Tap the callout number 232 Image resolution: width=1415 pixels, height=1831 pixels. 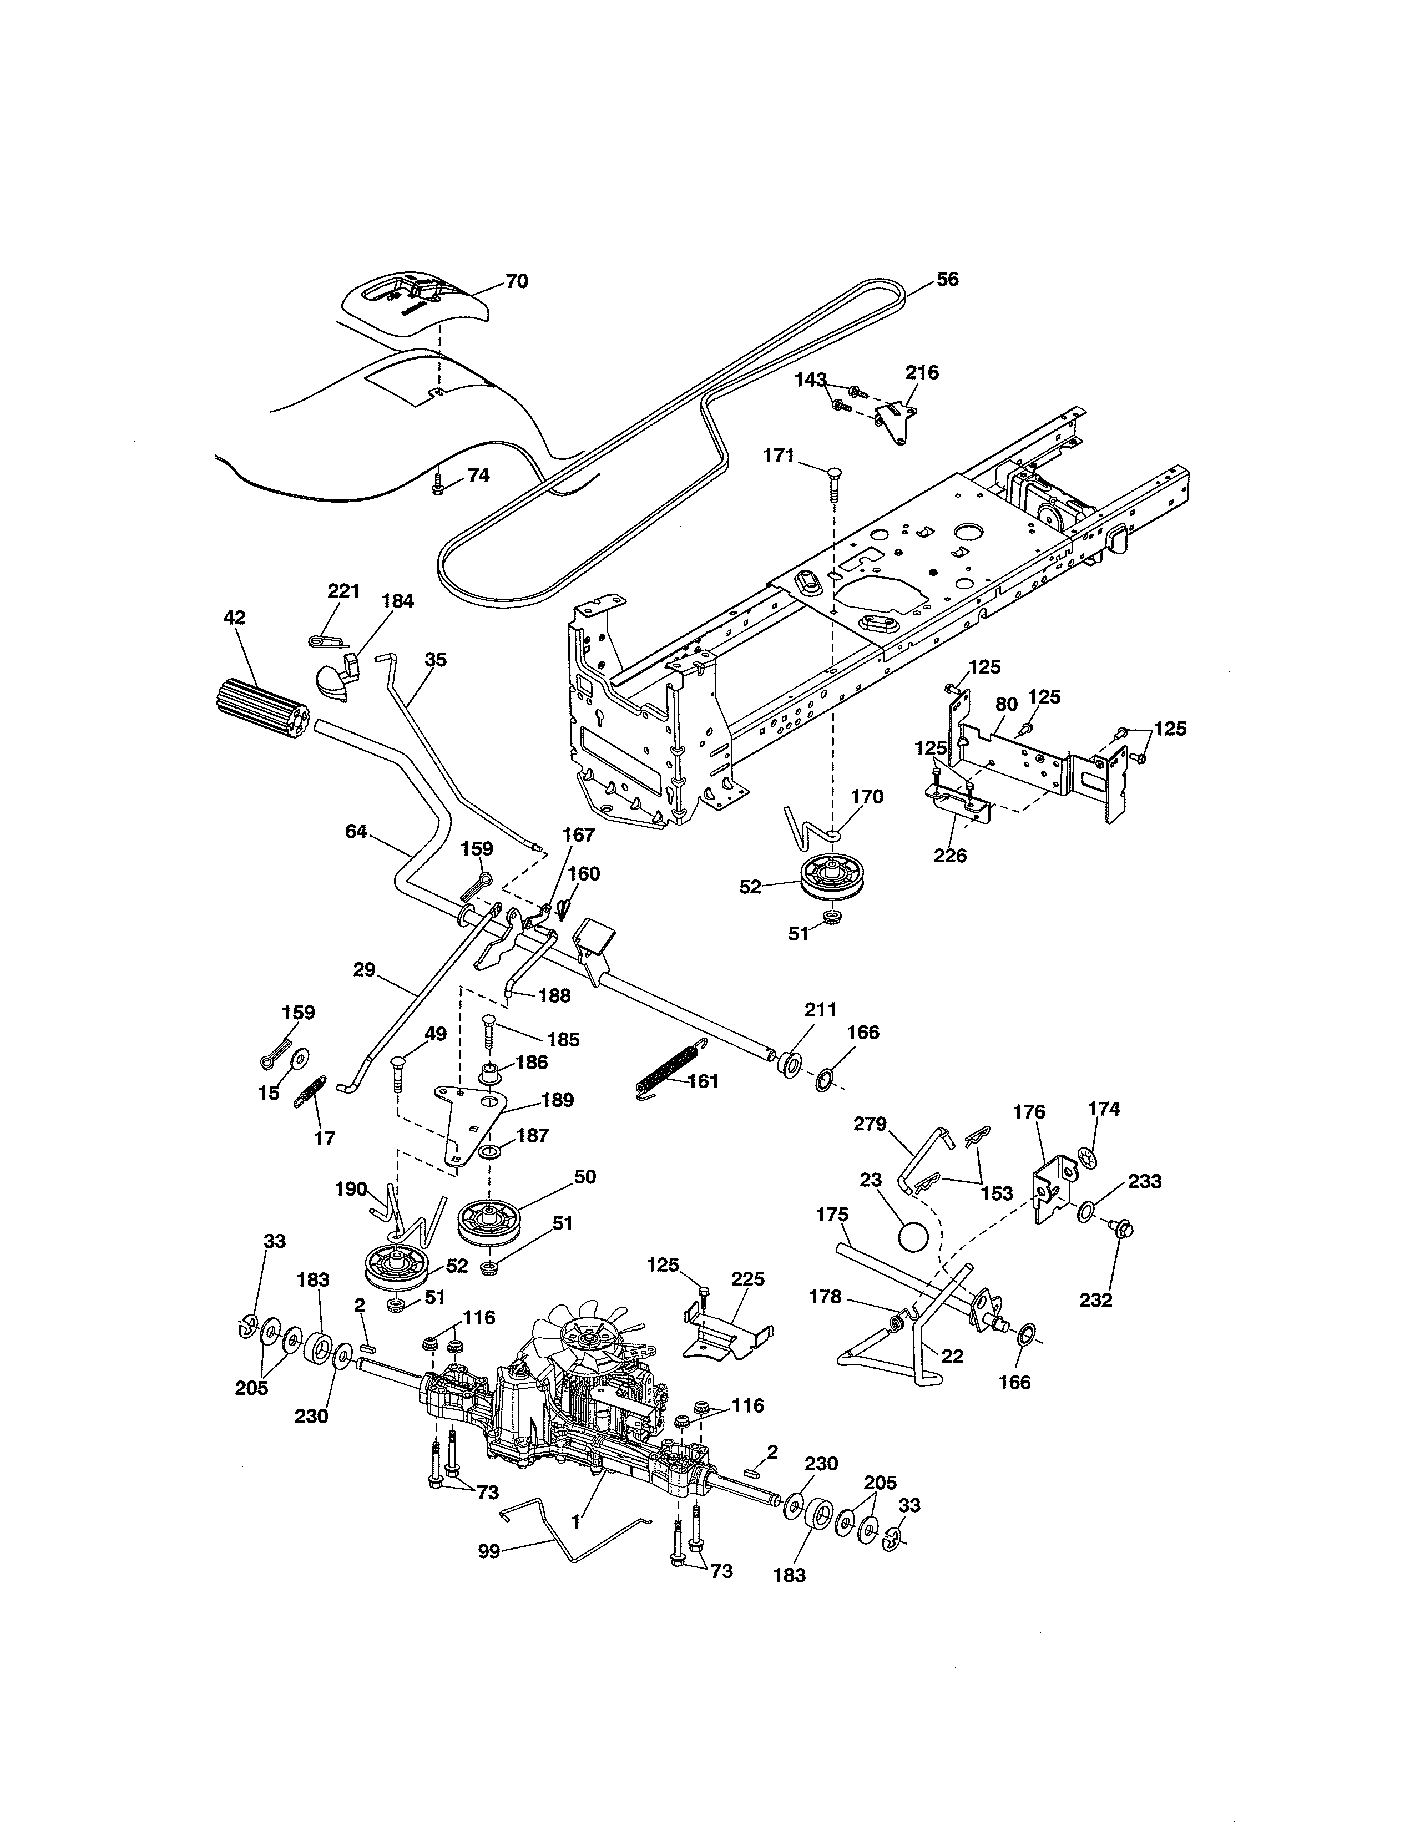(1095, 1301)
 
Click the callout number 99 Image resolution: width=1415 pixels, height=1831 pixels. (489, 1551)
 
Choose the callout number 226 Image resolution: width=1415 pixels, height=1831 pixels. (950, 856)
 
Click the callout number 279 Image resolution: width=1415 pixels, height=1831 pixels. (870, 1124)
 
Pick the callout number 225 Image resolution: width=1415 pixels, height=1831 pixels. (748, 1278)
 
